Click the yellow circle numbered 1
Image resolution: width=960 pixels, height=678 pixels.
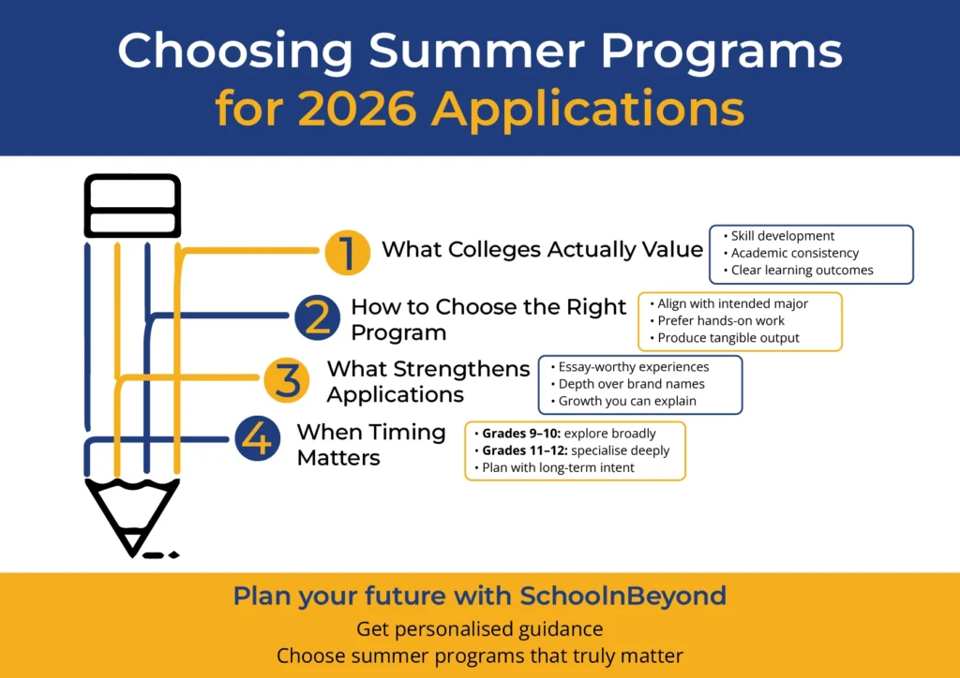click(347, 251)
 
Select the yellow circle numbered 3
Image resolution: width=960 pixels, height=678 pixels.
click(287, 380)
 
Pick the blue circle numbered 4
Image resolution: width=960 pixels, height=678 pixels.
click(258, 438)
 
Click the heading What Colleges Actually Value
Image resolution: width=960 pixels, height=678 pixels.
click(542, 250)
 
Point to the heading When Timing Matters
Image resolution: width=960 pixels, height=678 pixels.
click(370, 445)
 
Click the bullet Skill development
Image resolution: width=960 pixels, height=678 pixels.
click(782, 236)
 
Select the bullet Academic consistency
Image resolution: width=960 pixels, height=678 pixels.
click(794, 253)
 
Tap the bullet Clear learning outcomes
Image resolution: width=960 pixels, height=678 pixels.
click(802, 270)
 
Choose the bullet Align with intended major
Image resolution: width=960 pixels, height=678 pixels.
click(732, 303)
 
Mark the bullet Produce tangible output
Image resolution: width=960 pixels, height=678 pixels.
click(728, 337)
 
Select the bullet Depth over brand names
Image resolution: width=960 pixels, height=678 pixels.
click(631, 384)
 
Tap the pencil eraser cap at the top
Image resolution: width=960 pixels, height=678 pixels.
click(132, 205)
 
